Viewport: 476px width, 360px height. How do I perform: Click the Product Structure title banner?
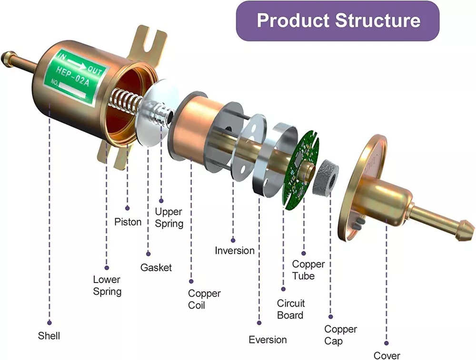338,21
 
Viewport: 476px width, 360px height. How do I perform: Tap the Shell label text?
49,336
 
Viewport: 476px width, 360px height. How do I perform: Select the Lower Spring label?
107,285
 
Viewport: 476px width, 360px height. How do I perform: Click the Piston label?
128,222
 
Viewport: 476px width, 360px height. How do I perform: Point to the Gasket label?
156,268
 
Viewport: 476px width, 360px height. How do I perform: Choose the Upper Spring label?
169,217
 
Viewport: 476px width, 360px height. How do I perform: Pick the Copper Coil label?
204,299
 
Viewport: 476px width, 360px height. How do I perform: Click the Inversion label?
235,250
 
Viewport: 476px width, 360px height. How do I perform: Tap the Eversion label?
268,340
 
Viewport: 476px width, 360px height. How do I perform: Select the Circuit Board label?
291,309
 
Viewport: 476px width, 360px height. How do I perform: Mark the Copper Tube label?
308,270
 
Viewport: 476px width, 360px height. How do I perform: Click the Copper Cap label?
340,335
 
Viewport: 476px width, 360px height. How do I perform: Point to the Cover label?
387,355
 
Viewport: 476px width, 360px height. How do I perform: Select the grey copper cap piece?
326,177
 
